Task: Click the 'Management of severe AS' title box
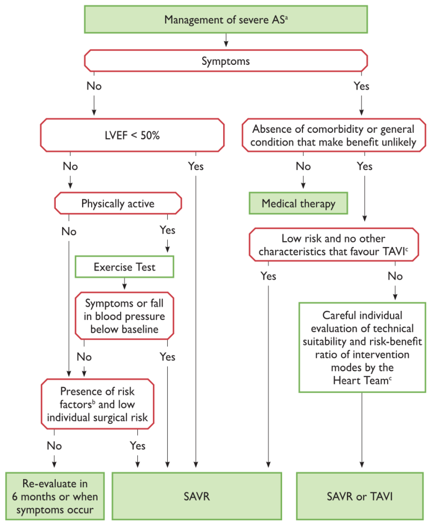(226, 19)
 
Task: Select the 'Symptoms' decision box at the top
(226, 61)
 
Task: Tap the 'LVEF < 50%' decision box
(132, 135)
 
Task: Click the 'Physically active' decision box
(118, 203)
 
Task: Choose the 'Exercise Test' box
(124, 267)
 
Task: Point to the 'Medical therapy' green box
(299, 203)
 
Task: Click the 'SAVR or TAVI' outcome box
(360, 496)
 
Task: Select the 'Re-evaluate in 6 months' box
(55, 496)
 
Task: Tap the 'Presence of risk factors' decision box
(98, 404)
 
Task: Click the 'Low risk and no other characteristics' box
(334, 244)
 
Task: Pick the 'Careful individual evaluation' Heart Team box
(362, 347)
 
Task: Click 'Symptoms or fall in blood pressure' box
(124, 316)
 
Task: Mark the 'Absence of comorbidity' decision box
(334, 135)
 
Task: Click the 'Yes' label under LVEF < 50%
(196, 166)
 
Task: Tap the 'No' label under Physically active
(69, 231)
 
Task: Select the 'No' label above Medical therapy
(303, 166)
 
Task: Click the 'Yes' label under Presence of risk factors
(137, 445)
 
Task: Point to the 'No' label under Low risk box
(395, 276)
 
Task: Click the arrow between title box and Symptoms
(226, 40)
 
